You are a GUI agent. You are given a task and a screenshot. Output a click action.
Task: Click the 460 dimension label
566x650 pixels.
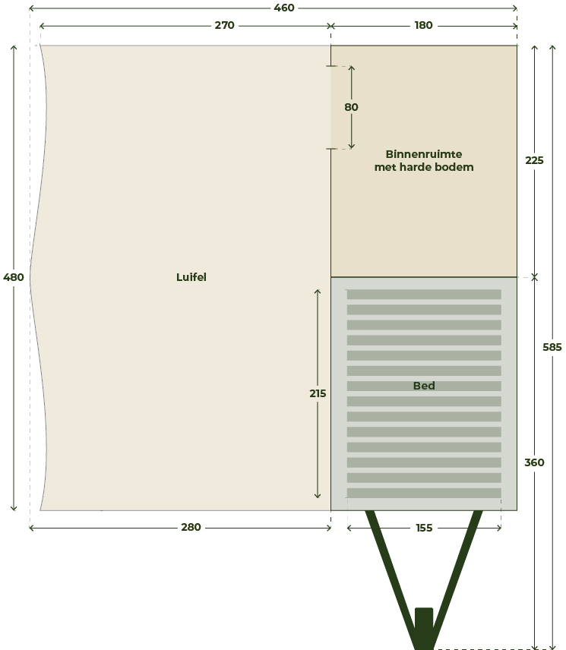pyautogui.click(x=284, y=8)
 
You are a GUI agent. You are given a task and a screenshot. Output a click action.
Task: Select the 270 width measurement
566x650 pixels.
pyautogui.click(x=224, y=25)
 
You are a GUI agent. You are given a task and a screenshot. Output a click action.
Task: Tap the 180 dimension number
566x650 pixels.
pyautogui.click(x=423, y=25)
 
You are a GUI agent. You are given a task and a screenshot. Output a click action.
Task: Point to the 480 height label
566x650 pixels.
pyautogui.click(x=13, y=277)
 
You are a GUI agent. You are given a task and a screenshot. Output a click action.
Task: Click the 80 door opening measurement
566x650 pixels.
pyautogui.click(x=351, y=107)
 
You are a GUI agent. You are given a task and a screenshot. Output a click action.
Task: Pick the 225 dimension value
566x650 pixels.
pyautogui.click(x=534, y=160)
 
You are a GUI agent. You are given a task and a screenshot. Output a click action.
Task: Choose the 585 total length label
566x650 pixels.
pyautogui.click(x=552, y=347)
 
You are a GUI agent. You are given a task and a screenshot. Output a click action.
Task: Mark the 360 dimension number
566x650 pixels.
pyautogui.click(x=534, y=462)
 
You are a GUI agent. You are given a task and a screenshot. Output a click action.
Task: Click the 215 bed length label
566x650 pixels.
pyautogui.click(x=318, y=393)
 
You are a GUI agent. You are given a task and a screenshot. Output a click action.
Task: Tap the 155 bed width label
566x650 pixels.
pyautogui.click(x=424, y=528)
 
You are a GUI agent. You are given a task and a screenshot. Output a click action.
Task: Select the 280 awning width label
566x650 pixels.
pyautogui.click(x=191, y=527)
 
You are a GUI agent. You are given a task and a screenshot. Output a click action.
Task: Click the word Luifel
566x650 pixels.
pyautogui.click(x=191, y=277)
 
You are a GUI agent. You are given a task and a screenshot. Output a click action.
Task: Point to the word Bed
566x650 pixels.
pyautogui.click(x=424, y=386)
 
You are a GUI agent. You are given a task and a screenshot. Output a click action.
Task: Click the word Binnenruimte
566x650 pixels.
pyautogui.click(x=424, y=154)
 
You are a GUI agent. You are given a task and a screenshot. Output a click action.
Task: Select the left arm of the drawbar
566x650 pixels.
pyautogui.click(x=393, y=579)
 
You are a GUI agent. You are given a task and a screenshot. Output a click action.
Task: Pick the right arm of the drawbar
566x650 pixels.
pyautogui.click(x=455, y=579)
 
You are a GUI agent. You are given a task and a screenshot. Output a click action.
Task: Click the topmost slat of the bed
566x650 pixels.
pyautogui.click(x=424, y=295)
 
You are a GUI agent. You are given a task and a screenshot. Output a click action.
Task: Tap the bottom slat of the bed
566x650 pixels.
pyautogui.click(x=424, y=493)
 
